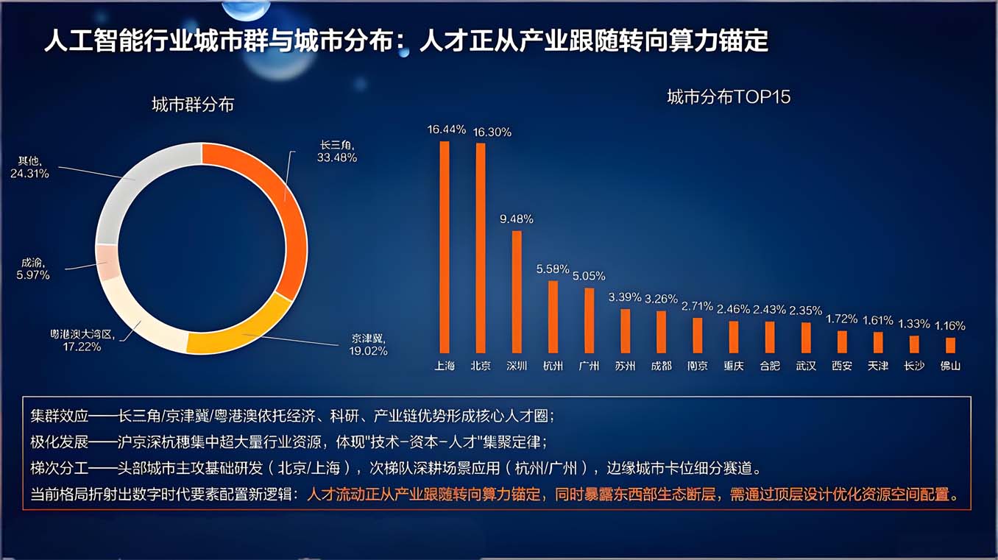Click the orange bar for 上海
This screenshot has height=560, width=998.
click(x=445, y=247)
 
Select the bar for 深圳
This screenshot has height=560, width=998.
click(x=517, y=292)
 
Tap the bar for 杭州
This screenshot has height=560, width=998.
click(x=553, y=317)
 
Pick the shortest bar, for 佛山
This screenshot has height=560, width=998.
click(x=950, y=345)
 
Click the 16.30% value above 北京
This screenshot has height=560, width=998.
click(x=492, y=132)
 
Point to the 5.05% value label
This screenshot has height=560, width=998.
click(x=589, y=276)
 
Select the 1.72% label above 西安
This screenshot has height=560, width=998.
click(x=841, y=319)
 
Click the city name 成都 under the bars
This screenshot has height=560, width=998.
click(x=661, y=366)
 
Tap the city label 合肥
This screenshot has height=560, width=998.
click(x=770, y=366)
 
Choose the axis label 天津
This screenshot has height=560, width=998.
click(x=878, y=366)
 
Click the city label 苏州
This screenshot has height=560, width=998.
click(x=625, y=366)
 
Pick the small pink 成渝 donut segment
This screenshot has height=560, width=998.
click(x=107, y=262)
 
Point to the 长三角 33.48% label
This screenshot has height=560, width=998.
click(x=337, y=152)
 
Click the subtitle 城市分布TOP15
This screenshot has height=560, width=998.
click(x=729, y=97)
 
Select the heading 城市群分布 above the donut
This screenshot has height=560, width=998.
click(x=192, y=104)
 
